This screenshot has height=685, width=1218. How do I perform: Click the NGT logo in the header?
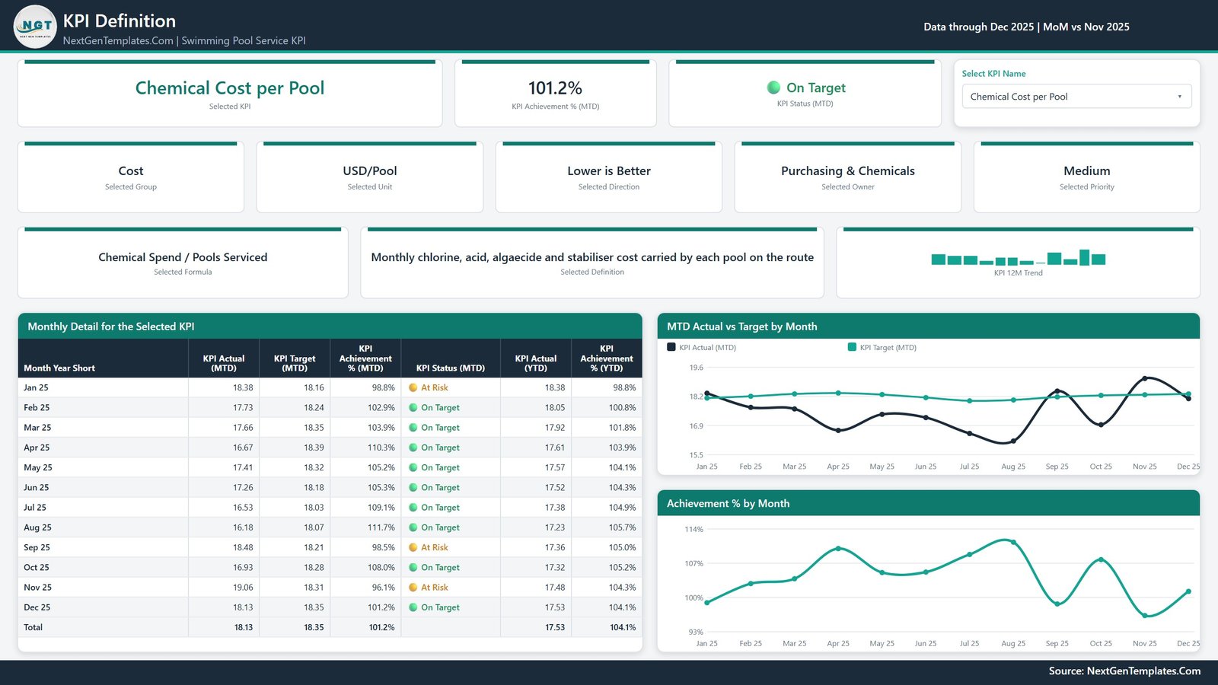(35, 26)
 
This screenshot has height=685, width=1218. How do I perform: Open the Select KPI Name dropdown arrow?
(1179, 97)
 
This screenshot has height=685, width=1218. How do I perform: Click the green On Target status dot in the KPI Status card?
(773, 88)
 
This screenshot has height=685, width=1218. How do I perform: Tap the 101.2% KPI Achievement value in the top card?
(555, 88)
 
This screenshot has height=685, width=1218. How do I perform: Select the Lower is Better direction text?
(608, 170)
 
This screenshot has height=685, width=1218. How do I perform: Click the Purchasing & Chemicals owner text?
(848, 170)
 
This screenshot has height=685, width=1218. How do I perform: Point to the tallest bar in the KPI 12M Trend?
(1084, 257)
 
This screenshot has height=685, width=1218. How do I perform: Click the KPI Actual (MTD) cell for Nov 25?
(243, 587)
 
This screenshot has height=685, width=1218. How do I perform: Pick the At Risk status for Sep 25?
(434, 547)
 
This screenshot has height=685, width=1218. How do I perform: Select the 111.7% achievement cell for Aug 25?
(381, 527)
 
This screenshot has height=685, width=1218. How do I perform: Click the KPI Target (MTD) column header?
(294, 363)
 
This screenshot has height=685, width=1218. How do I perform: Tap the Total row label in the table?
(33, 627)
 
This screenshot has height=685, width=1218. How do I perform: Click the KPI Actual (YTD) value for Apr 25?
(555, 448)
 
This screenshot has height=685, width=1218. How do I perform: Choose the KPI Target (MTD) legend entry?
(882, 347)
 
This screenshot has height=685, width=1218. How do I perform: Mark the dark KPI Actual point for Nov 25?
(1145, 378)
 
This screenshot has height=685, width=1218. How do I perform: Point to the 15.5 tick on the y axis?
(696, 455)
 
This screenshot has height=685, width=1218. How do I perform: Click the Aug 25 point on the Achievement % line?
(1013, 542)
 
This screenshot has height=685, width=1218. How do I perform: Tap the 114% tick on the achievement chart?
(693, 529)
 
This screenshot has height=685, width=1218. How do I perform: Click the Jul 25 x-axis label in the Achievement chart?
(969, 644)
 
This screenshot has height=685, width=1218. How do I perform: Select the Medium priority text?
(1086, 170)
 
